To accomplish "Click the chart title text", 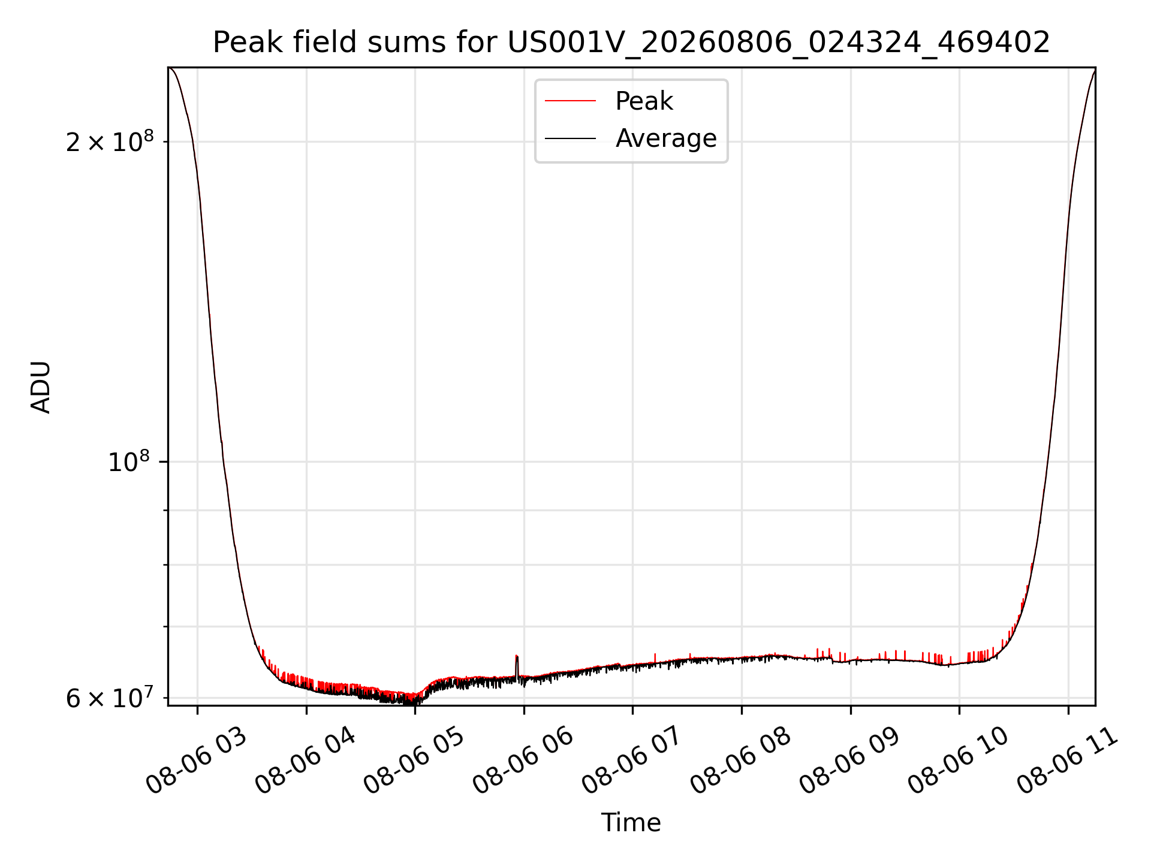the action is click(x=631, y=43).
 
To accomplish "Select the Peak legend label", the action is click(x=644, y=101).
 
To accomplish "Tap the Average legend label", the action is click(x=666, y=138).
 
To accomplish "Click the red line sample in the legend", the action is click(x=570, y=101).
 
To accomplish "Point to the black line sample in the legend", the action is click(x=570, y=138).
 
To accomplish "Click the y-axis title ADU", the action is click(x=41, y=387).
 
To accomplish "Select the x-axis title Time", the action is click(x=631, y=822).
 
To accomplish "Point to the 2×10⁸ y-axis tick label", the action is click(x=110, y=141).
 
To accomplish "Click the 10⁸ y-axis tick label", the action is click(x=129, y=461).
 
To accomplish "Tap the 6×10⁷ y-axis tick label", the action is click(x=110, y=698).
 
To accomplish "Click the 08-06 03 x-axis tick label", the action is click(x=197, y=761).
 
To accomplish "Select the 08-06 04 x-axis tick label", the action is click(x=306, y=761).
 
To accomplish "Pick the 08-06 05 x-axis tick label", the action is click(x=414, y=761).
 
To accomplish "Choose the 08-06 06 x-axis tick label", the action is click(x=523, y=761).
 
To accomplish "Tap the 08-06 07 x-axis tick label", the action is click(x=632, y=761).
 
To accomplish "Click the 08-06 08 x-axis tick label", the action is click(x=741, y=761).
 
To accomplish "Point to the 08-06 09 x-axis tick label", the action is click(x=850, y=761).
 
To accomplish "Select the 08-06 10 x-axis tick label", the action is click(x=959, y=761).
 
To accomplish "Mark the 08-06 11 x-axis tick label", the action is click(x=1068, y=761).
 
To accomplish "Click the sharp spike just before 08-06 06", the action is click(x=517, y=665).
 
